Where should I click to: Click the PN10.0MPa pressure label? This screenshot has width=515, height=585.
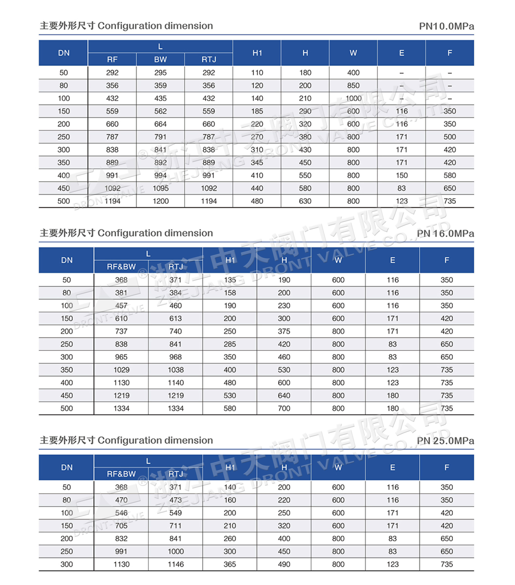tap(446, 26)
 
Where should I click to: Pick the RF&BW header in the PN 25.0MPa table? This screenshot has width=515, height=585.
tap(121, 474)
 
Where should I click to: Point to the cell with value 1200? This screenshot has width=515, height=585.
tap(160, 201)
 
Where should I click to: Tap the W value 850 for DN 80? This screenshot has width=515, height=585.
tap(353, 85)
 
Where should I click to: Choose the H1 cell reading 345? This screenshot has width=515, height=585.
tap(257, 163)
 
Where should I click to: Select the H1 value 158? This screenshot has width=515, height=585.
tap(230, 293)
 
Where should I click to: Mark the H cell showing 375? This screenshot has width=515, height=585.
tap(284, 331)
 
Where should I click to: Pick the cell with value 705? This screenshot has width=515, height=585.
tap(121, 526)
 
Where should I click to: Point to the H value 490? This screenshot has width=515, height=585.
tap(284, 564)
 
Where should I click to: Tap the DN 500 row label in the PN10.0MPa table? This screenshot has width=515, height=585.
tap(64, 201)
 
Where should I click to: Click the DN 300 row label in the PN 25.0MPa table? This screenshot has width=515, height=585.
tap(67, 564)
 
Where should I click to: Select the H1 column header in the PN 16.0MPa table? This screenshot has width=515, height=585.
tap(230, 260)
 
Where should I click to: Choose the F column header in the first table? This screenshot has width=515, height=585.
tap(449, 53)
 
